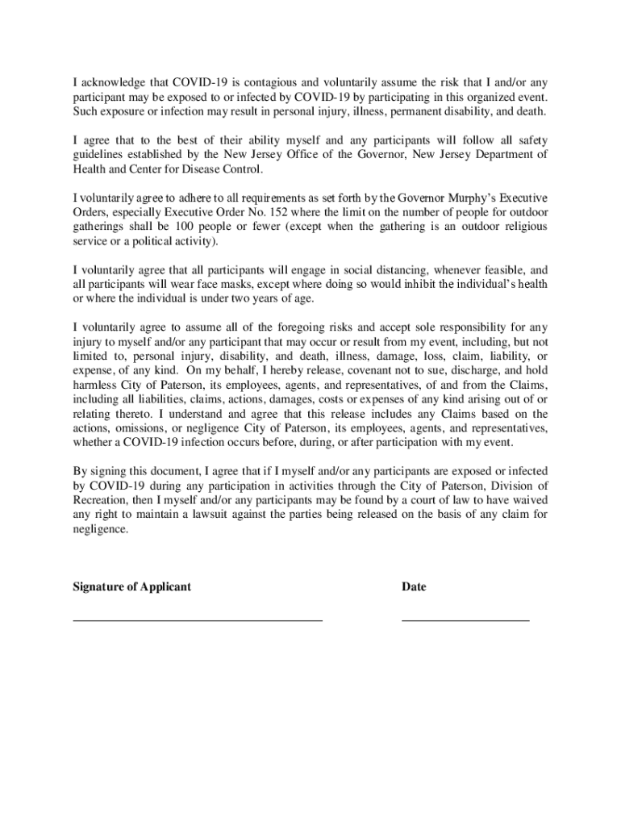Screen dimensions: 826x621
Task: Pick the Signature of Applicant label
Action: (x=132, y=587)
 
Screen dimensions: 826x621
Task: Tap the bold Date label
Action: (x=414, y=587)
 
